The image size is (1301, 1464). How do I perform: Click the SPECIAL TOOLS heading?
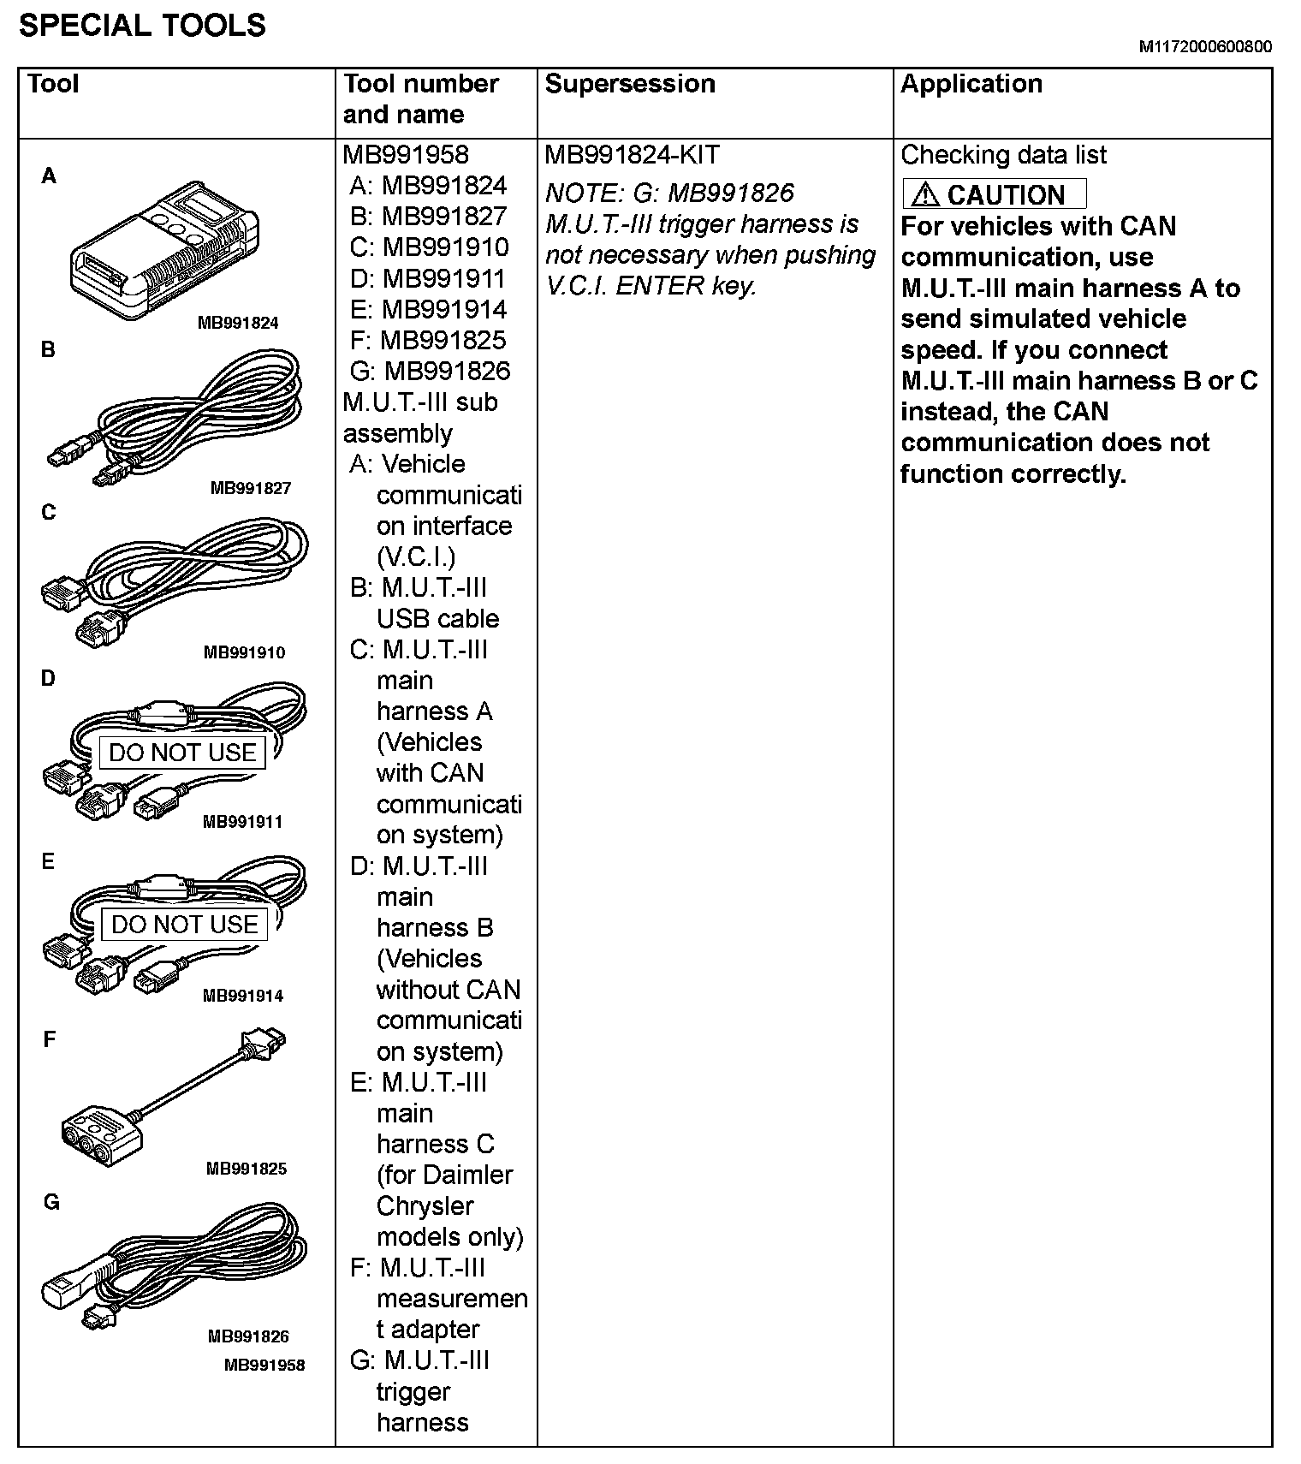click(142, 26)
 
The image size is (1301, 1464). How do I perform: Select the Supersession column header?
click(629, 84)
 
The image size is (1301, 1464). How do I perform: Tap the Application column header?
click(971, 84)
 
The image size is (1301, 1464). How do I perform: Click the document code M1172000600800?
click(1204, 47)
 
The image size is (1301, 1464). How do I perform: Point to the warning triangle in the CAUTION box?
click(924, 195)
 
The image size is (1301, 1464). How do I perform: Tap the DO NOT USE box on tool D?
click(182, 753)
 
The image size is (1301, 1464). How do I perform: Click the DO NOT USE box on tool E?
click(184, 925)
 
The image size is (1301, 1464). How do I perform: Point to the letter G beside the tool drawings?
click(51, 1203)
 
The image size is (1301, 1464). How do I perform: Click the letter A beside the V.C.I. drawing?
click(50, 176)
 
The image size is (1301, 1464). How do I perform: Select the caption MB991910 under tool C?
click(244, 652)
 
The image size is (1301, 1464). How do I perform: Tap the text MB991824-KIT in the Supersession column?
click(632, 155)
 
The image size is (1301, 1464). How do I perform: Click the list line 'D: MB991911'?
click(428, 279)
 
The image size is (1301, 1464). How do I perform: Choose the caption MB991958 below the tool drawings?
click(264, 1365)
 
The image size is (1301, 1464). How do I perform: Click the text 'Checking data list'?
click(1003, 155)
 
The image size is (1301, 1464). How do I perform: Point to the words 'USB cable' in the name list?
click(437, 619)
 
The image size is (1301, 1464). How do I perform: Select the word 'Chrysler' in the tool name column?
click(425, 1205)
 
